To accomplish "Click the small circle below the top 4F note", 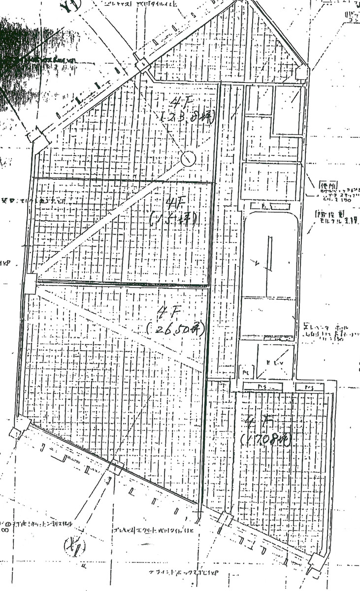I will pyautogui.click(x=188, y=159).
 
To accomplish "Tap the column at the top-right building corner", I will pyautogui.click(x=302, y=73).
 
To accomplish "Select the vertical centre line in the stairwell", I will pyautogui.click(x=269, y=251).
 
